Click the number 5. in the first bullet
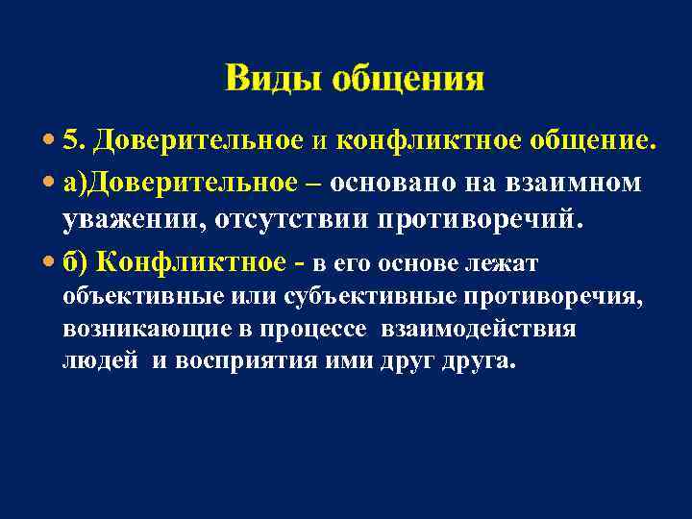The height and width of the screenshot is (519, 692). pyautogui.click(x=76, y=141)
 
